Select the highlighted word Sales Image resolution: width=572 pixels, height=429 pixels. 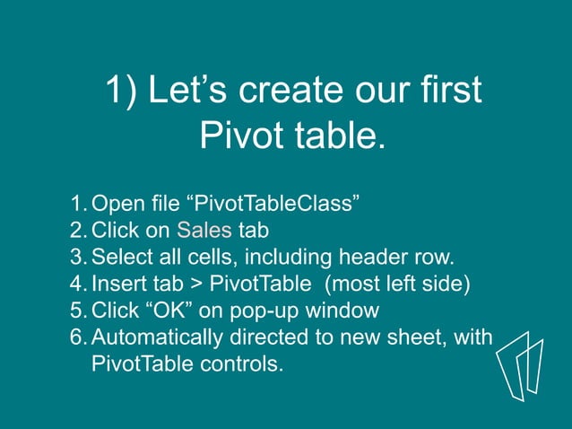(204, 229)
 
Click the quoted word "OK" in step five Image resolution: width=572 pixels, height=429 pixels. (167, 311)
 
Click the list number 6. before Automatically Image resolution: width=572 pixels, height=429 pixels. (79, 338)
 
